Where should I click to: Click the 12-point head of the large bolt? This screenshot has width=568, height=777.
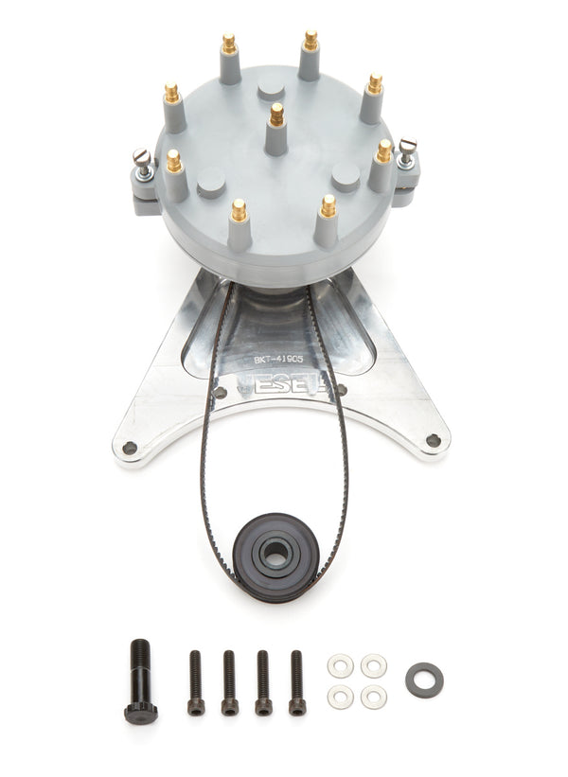click(x=140, y=712)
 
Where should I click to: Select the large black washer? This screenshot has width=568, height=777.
click(x=424, y=680)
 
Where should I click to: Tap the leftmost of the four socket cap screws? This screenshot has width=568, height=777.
click(x=196, y=681)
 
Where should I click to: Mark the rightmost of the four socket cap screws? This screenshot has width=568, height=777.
click(x=296, y=681)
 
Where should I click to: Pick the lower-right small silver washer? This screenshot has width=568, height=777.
click(x=373, y=698)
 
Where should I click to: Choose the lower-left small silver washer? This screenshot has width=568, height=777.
click(x=341, y=698)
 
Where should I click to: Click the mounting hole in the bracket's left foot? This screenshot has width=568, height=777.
click(x=130, y=447)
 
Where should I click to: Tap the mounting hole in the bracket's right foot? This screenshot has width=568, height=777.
click(x=433, y=440)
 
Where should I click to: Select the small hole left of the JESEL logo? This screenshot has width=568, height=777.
click(x=220, y=392)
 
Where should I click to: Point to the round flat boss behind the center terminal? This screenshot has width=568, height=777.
click(x=271, y=90)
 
